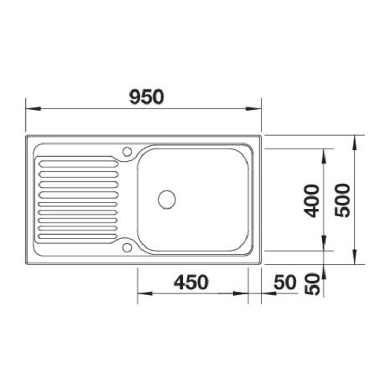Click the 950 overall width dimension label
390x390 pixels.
click(x=147, y=97)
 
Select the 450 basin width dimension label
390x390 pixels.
click(x=191, y=282)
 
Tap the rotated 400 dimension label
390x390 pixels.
click(x=311, y=200)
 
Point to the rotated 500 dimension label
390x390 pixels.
click(x=343, y=200)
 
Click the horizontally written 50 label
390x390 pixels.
click(x=284, y=282)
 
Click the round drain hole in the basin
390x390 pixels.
click(x=167, y=200)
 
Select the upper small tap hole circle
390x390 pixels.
click(x=127, y=151)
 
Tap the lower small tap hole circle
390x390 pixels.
click(x=127, y=247)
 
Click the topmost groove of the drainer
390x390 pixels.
click(x=78, y=164)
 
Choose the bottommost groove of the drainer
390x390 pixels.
click(x=78, y=237)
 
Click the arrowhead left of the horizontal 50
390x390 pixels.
click(x=267, y=294)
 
